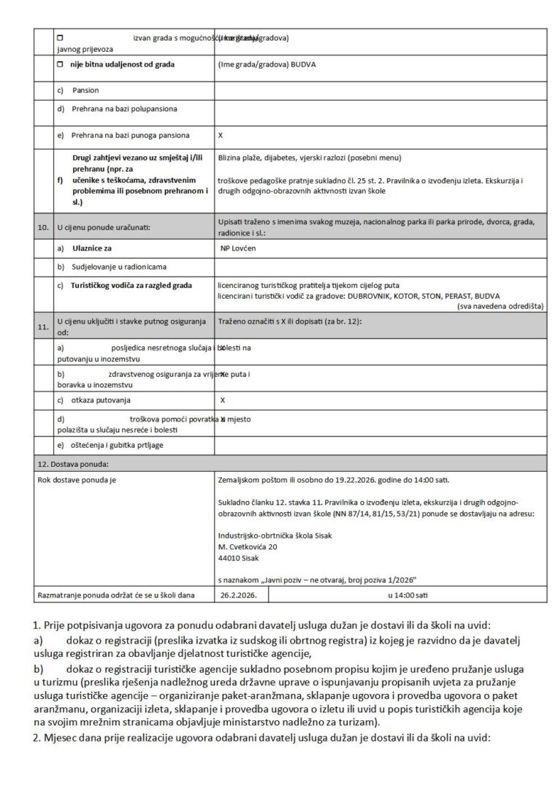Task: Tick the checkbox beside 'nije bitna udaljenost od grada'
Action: tap(61, 64)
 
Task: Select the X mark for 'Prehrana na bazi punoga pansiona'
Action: tap(221, 135)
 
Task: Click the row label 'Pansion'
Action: tap(85, 91)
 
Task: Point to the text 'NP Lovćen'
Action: tap(239, 248)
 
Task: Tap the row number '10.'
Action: tap(43, 228)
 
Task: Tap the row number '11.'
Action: tap(43, 326)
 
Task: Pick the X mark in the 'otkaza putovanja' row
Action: tap(223, 400)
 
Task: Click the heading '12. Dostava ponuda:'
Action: tap(72, 463)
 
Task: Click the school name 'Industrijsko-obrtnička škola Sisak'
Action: tap(275, 535)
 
